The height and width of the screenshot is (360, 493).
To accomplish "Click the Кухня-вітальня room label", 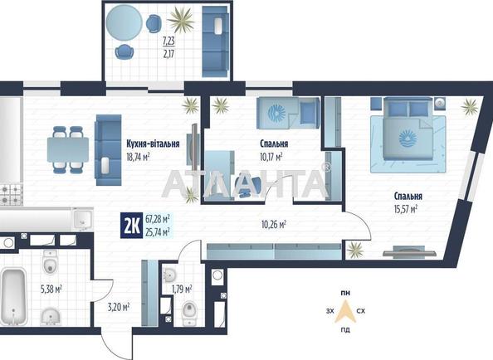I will click(154, 144).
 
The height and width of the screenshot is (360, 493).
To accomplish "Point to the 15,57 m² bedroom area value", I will click(400, 209).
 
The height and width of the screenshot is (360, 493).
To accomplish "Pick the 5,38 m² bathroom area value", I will click(51, 289).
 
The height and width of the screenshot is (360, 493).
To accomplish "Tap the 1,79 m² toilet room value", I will click(181, 289).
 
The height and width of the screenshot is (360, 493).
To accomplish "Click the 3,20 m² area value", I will click(120, 306).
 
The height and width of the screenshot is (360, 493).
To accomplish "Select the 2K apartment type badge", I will click(130, 225).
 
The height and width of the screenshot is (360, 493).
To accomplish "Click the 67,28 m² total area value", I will click(158, 219).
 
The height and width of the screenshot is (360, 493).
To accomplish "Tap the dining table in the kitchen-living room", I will click(67, 149).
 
